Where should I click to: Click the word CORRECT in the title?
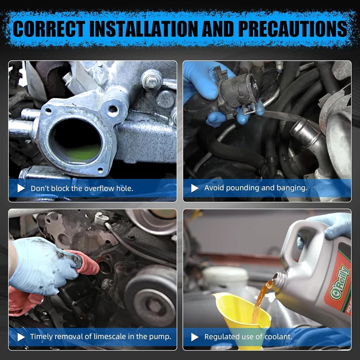pos(49,29)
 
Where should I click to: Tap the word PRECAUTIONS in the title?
pos(293,29)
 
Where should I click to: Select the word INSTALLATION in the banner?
pos(143,29)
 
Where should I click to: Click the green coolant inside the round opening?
pos(83,152)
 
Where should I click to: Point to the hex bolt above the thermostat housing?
pos(151,80)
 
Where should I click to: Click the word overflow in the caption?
pos(97,189)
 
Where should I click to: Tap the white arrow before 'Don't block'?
pos(21,188)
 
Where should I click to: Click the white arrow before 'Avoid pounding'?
pos(195,188)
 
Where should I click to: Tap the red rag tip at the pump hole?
pos(92,266)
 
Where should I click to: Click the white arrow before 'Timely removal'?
pos(21,337)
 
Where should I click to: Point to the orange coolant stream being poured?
pos(262,298)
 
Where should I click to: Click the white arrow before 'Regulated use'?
pos(195,337)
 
